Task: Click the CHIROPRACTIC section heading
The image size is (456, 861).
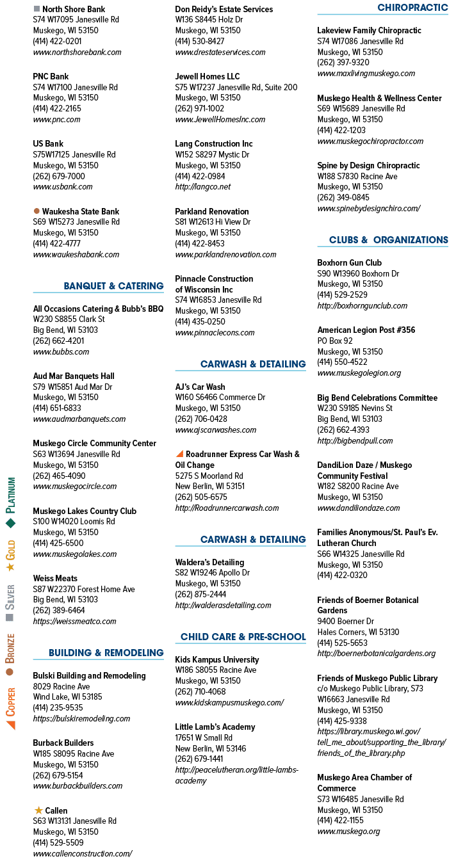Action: [412, 8]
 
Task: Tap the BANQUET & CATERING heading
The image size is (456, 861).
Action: [114, 286]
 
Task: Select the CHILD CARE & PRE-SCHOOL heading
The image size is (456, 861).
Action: [243, 637]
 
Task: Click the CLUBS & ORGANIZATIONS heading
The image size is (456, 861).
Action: [389, 240]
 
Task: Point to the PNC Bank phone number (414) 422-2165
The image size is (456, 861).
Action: [57, 108]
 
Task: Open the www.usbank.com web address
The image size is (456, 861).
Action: [63, 187]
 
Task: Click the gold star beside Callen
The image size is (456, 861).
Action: [38, 810]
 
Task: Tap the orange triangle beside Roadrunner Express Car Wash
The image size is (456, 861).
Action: [179, 454]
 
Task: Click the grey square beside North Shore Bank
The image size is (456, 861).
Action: [37, 8]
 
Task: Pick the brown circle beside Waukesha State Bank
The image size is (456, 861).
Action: [37, 211]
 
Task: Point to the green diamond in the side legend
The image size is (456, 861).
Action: [10, 523]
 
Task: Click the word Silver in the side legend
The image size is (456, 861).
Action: [10, 597]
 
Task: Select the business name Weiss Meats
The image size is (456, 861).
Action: [55, 578]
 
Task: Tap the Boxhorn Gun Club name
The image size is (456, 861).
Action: [350, 262]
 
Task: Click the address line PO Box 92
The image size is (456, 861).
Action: [335, 341]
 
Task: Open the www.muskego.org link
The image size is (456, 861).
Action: [349, 832]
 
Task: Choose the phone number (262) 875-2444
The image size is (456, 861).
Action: [200, 594]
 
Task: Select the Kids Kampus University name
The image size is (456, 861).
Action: [217, 659]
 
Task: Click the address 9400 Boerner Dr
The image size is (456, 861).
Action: [346, 621]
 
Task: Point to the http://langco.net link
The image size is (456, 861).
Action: [203, 187]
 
